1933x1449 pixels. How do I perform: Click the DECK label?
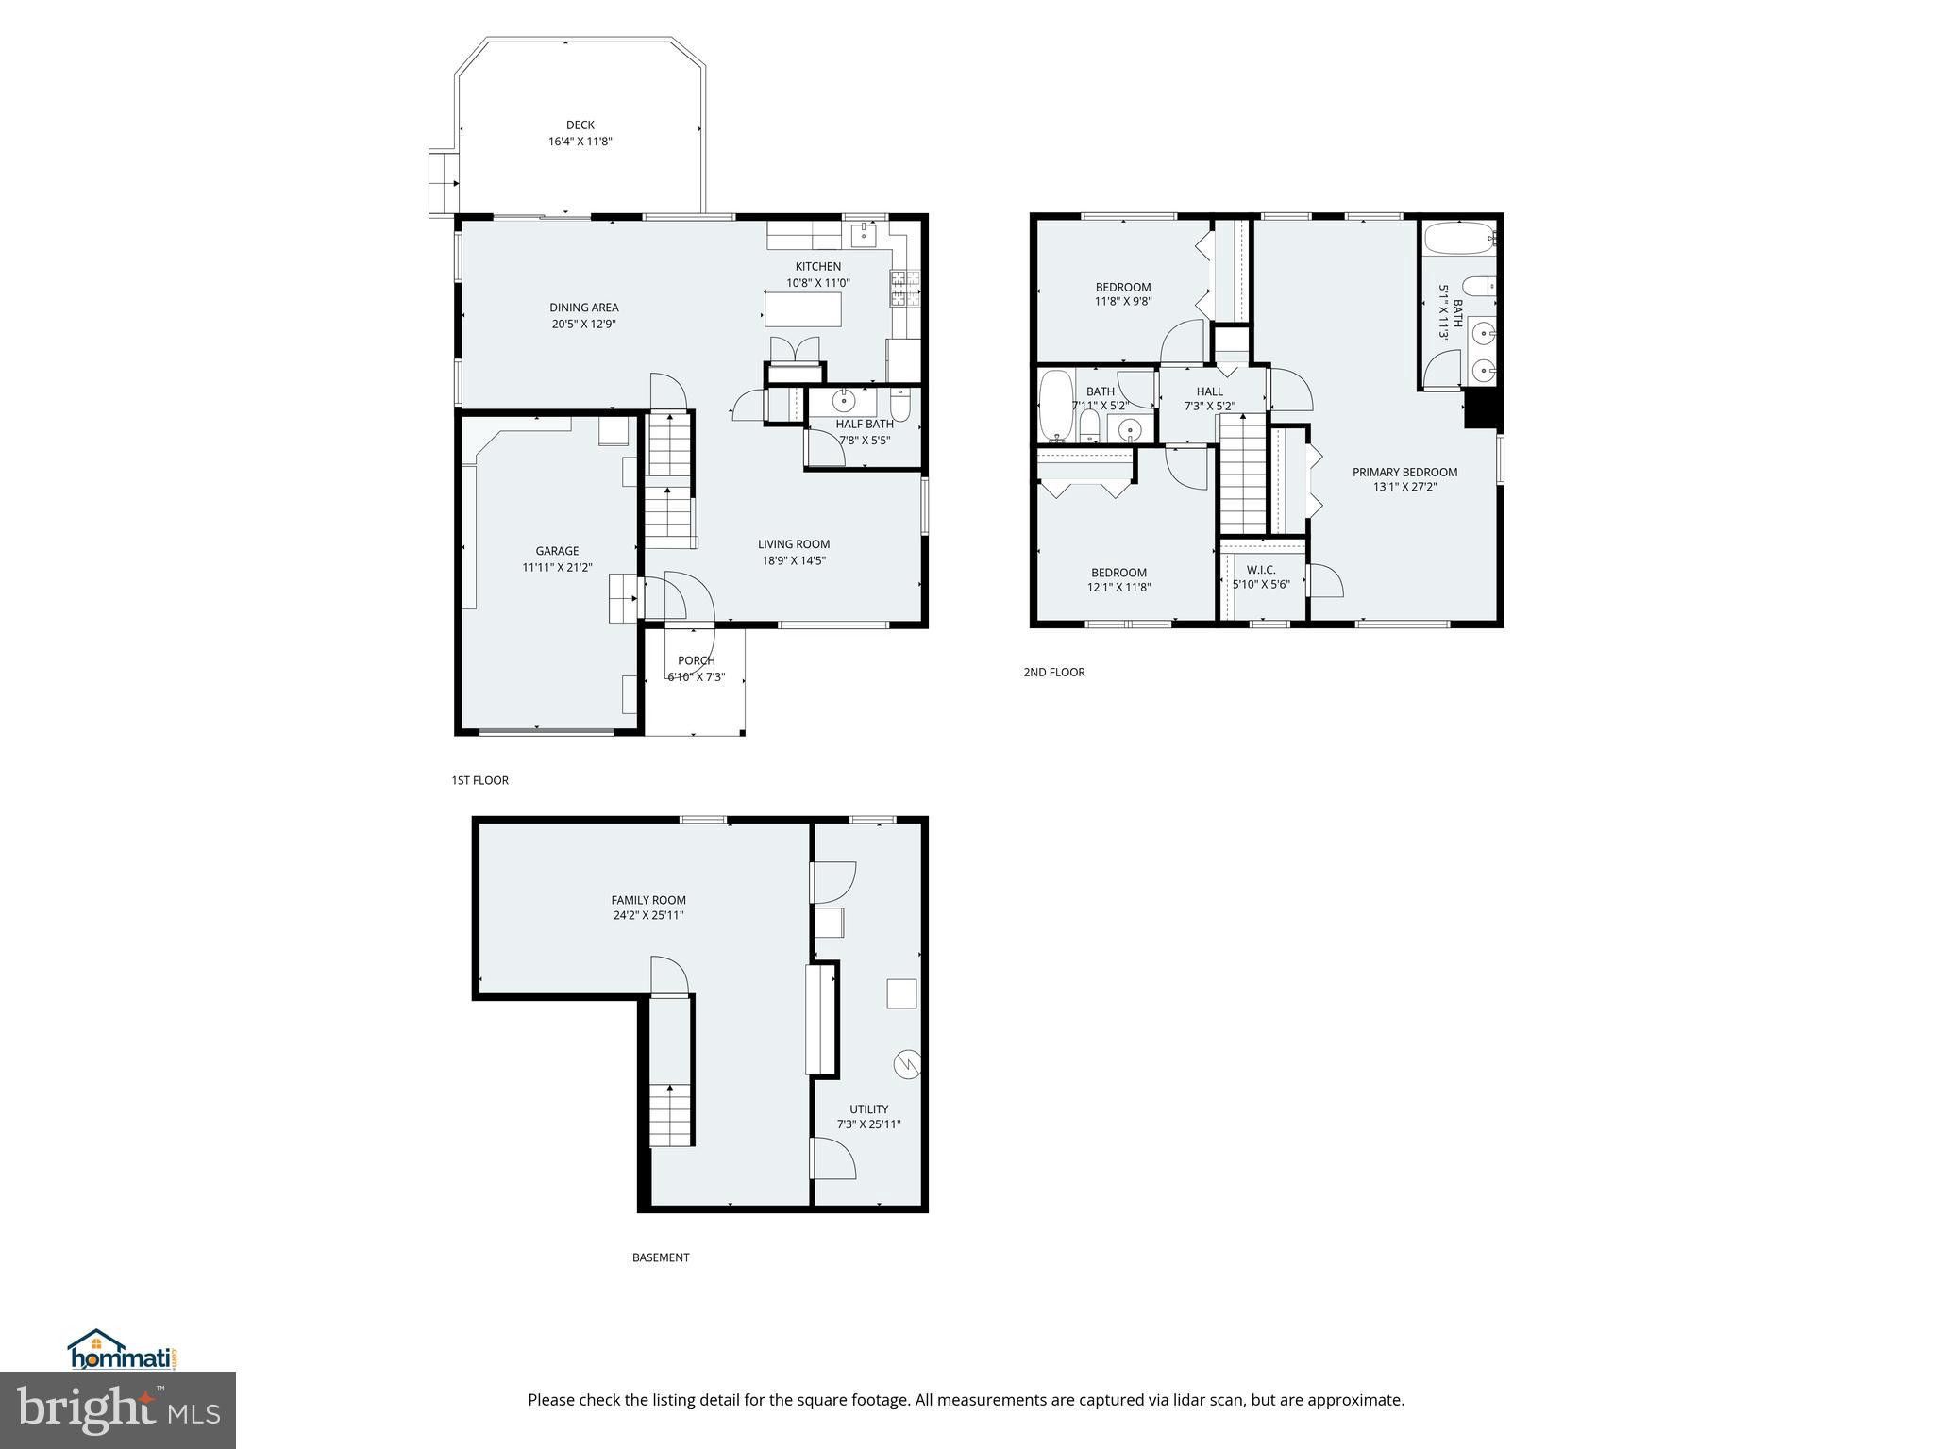[x=580, y=125]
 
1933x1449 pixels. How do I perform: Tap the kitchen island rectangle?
[x=803, y=308]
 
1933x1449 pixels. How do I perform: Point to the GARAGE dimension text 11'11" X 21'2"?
[x=557, y=568]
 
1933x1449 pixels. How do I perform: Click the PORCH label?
[x=697, y=660]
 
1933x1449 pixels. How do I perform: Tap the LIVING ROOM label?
[x=794, y=544]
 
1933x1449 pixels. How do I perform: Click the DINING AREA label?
[x=584, y=308]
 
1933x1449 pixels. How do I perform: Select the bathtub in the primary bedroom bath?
[x=1458, y=238]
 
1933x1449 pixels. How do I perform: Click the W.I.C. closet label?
[x=1261, y=570]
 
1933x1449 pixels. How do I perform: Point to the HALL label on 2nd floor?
[x=1209, y=391]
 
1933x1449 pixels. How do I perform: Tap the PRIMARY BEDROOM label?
[x=1404, y=473]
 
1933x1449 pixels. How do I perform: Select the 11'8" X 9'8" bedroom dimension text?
[x=1123, y=303]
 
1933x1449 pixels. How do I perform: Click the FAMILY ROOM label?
[x=647, y=900]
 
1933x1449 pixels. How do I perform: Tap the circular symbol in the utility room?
[x=906, y=1064]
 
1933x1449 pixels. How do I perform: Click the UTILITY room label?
[x=868, y=1109]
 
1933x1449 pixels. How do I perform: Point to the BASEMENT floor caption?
[x=661, y=1257]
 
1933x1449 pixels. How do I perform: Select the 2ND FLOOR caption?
[x=1054, y=673]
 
